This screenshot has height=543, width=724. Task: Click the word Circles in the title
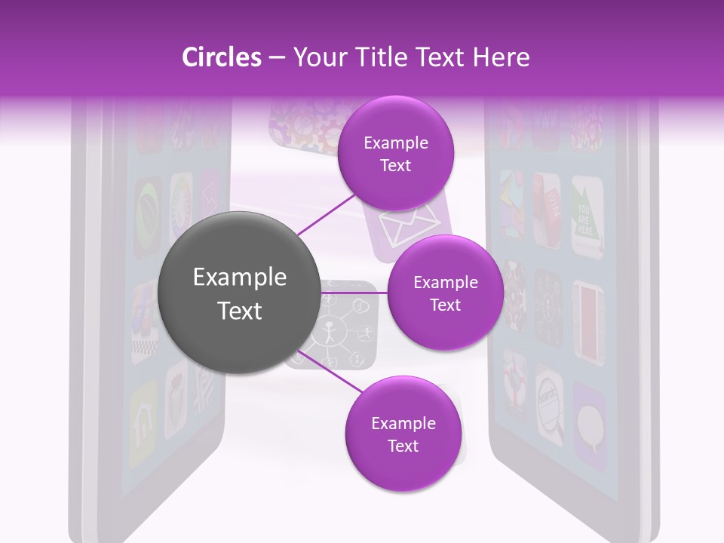(221, 57)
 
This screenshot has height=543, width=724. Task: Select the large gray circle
(239, 293)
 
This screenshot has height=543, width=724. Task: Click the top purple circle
(395, 154)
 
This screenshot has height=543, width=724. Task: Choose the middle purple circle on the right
(445, 293)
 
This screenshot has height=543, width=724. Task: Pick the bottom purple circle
(403, 434)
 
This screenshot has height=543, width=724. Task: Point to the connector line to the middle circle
(354, 293)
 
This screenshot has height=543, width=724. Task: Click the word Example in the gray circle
(239, 278)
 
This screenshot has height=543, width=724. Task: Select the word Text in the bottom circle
(403, 446)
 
